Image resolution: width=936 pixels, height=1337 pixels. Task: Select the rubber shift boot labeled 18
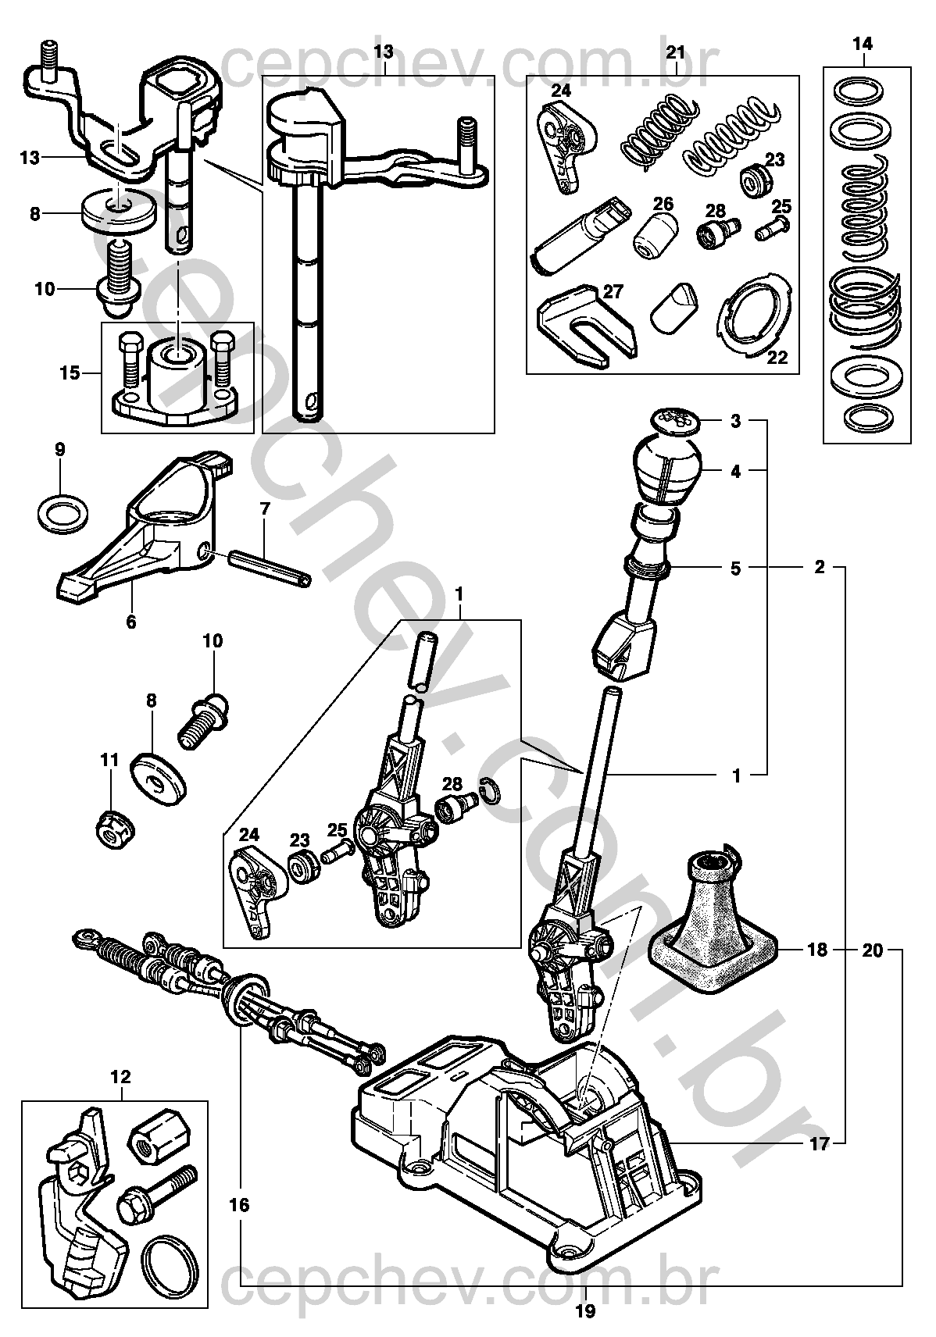[x=714, y=924]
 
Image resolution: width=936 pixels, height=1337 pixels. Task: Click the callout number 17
[x=820, y=1143]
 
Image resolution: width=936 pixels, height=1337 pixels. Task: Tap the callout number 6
[x=130, y=622]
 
